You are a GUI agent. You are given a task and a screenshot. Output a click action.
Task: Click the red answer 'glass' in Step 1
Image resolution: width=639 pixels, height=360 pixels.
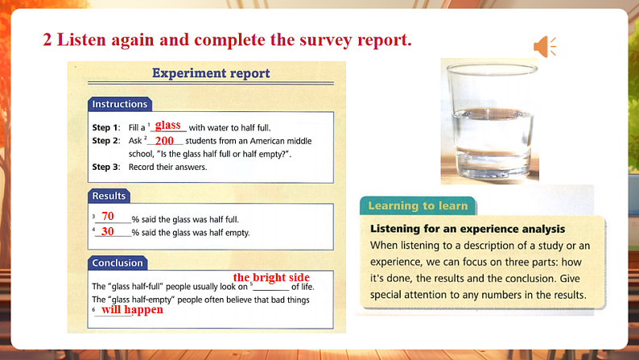click(167, 125)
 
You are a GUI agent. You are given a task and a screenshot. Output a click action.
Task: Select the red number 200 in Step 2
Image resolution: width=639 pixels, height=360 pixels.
click(164, 141)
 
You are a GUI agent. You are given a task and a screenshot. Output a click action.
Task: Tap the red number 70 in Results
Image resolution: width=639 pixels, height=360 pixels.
click(108, 217)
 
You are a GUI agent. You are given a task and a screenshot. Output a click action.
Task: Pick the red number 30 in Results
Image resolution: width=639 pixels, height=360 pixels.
click(108, 231)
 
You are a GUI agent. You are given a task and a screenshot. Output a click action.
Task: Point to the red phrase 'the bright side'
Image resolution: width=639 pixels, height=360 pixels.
click(271, 277)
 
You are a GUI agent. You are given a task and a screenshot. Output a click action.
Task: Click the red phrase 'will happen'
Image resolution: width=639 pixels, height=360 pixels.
click(132, 309)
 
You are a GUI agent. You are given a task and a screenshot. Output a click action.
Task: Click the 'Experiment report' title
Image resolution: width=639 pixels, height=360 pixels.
click(211, 73)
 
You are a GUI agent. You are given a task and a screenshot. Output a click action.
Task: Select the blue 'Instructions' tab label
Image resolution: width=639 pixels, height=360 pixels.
click(119, 104)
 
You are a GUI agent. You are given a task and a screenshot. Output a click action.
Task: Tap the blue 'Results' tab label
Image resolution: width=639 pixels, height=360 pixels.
click(109, 196)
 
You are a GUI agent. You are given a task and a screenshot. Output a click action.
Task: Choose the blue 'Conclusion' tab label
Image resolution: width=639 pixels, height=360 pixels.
click(117, 263)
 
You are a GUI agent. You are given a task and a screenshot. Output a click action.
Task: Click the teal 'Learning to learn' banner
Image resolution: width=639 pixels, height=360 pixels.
click(418, 205)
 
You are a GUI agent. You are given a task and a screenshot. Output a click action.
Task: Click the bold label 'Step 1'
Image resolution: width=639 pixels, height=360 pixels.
click(105, 127)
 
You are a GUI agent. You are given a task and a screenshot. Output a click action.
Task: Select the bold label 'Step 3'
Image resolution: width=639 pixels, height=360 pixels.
click(105, 168)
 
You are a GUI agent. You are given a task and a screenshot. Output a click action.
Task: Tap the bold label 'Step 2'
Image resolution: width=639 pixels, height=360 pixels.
click(105, 141)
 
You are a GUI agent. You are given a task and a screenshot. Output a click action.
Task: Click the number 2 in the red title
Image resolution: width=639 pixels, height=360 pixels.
click(47, 39)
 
